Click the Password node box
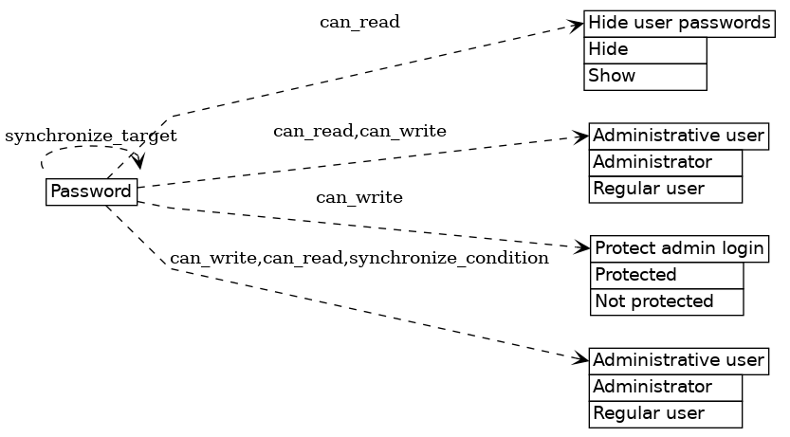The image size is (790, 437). click(x=91, y=191)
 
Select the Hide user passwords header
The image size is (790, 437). click(x=678, y=23)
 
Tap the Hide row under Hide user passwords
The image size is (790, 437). click(x=645, y=49)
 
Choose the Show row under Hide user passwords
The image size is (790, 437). click(x=645, y=76)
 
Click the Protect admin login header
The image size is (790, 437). click(x=679, y=249)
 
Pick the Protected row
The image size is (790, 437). click(x=667, y=276)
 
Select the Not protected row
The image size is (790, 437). click(x=667, y=301)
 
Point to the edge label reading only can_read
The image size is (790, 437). click(x=359, y=22)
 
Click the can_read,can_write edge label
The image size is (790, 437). click(x=359, y=131)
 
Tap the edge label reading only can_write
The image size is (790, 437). click(x=358, y=198)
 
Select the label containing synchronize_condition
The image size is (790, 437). click(x=358, y=258)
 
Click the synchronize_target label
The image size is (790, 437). click(x=91, y=137)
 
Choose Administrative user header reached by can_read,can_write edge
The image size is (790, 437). click(x=678, y=136)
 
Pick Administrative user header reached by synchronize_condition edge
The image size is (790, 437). click(x=678, y=360)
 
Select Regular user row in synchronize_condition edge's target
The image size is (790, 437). click(x=665, y=413)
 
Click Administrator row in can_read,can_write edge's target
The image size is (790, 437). click(x=665, y=162)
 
